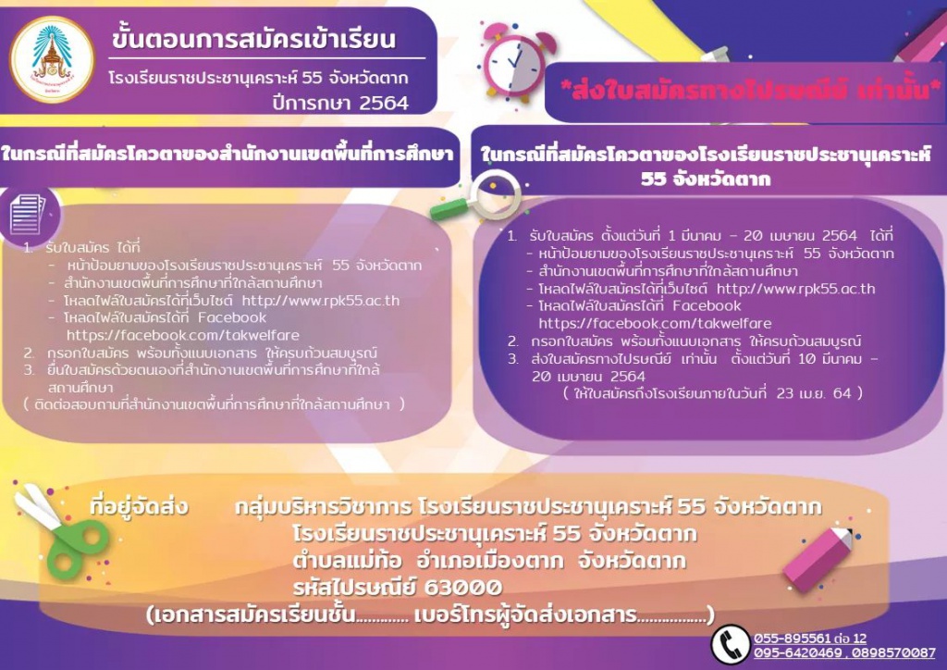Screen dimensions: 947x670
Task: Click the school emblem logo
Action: pyautogui.click(x=53, y=59)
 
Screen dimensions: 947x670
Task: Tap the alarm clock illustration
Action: pyautogui.click(x=515, y=62)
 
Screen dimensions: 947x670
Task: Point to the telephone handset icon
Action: pyautogui.click(x=731, y=644)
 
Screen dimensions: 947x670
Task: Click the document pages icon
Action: pyautogui.click(x=28, y=215)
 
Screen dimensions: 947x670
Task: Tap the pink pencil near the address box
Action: pyautogui.click(x=819, y=558)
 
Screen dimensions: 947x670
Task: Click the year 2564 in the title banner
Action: pyautogui.click(x=383, y=103)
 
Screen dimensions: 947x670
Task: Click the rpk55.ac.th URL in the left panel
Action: pyautogui.click(x=321, y=300)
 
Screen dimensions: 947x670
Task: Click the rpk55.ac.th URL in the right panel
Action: pyautogui.click(x=795, y=288)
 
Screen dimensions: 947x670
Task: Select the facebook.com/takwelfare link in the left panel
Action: pyautogui.click(x=183, y=335)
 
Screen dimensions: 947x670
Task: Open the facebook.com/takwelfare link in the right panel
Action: pyautogui.click(x=655, y=323)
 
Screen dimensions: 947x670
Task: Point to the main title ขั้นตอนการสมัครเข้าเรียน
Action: pyautogui.click(x=253, y=39)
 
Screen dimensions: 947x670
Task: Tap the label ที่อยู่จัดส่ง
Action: pyautogui.click(x=139, y=506)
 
